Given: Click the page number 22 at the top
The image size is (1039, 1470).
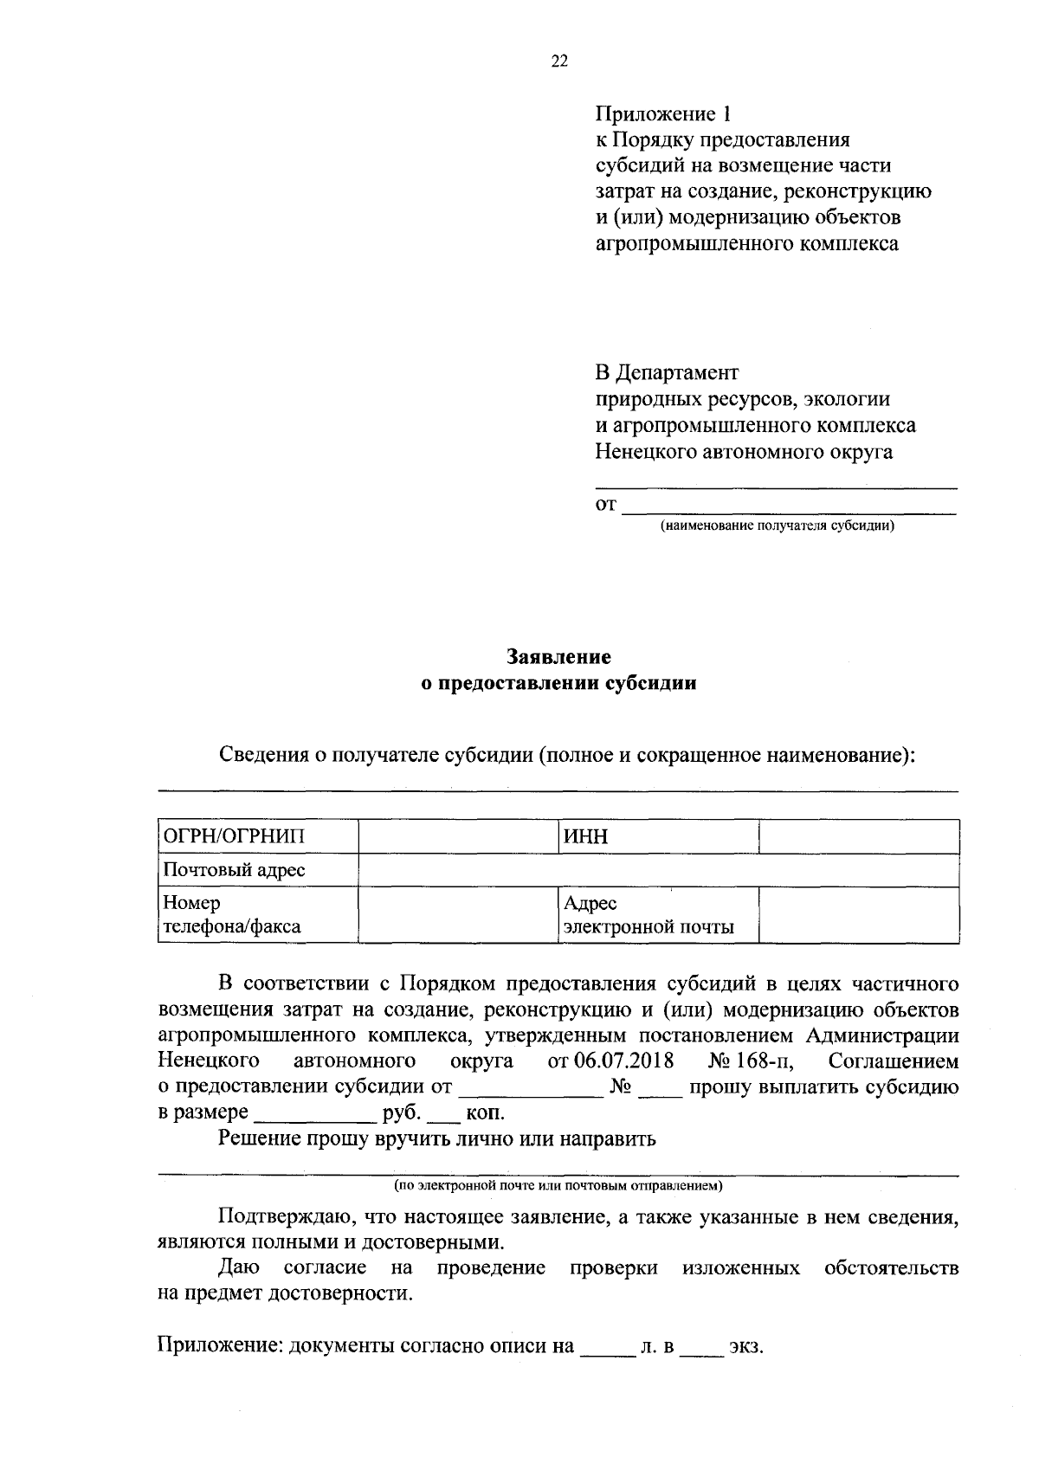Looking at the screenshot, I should (x=558, y=61).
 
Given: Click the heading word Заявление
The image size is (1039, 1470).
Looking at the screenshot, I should (x=558, y=658).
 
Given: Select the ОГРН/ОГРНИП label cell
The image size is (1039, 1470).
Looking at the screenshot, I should (x=257, y=836).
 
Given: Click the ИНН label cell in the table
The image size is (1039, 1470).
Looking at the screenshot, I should (x=658, y=836).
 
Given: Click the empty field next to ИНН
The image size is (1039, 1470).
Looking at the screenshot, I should (x=858, y=836).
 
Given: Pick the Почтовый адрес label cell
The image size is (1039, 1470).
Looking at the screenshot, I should (x=257, y=869).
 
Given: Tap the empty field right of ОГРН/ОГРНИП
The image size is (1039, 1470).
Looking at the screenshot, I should (x=458, y=836).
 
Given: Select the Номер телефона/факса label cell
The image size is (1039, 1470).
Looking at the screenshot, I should (x=257, y=914).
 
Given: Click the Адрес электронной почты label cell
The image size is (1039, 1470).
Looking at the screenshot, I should (x=658, y=914).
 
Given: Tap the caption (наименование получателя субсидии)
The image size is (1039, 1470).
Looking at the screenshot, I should (x=777, y=525).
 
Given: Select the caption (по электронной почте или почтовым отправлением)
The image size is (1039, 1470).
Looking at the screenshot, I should (x=558, y=1184).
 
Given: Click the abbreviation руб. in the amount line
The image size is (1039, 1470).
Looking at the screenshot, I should (x=401, y=1112).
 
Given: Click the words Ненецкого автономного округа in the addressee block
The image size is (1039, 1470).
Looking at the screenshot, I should (x=744, y=451).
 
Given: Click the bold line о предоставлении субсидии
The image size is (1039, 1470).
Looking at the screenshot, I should (x=558, y=684).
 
